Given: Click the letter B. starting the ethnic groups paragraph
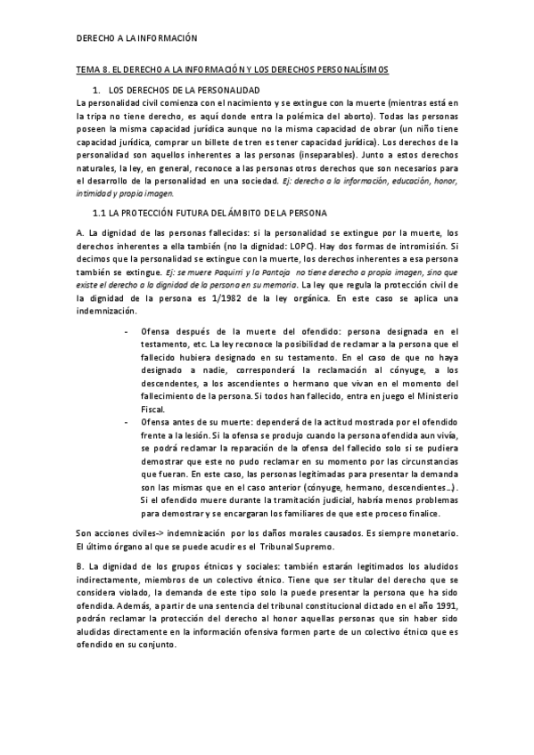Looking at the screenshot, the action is click(x=81, y=565).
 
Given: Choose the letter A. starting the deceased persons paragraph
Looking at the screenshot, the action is click(x=81, y=234).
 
